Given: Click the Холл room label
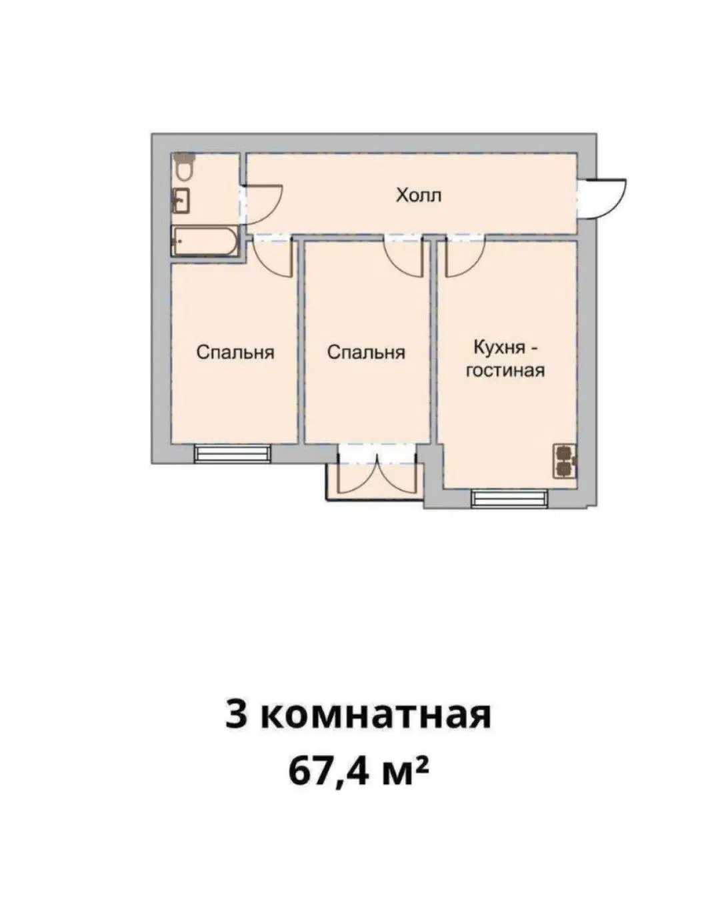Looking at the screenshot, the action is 419,195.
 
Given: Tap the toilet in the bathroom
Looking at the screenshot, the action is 183,167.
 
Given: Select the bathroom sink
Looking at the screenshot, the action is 181,201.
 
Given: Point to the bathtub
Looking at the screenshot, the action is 205,241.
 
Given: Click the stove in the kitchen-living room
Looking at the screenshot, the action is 565,461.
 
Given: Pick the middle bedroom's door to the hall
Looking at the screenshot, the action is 402,259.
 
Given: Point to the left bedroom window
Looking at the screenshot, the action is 233,453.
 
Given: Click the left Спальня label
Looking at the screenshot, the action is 235,352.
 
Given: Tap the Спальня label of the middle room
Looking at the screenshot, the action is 366,352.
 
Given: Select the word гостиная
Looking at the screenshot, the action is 505,370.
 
